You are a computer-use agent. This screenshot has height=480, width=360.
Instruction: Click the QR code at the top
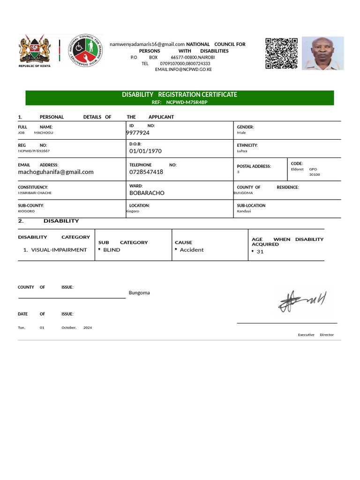[282, 53]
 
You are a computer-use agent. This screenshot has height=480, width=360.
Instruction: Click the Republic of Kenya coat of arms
[34, 49]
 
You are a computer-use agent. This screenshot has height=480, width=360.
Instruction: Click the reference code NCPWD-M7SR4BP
[187, 102]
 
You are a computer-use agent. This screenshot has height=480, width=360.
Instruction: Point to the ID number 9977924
[138, 133]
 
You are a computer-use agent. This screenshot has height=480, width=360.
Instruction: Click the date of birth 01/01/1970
[145, 151]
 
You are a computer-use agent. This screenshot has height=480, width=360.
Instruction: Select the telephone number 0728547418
[146, 172]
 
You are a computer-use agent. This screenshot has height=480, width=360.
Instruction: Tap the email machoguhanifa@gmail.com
[56, 172]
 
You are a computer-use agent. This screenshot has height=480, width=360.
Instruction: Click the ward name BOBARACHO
[147, 193]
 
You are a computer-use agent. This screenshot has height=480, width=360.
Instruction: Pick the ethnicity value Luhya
[242, 151]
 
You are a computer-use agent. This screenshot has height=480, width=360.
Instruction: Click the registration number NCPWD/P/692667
[34, 151]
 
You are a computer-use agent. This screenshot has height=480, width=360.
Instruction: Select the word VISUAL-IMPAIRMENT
[59, 250]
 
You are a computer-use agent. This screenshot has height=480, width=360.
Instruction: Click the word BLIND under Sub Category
[112, 250]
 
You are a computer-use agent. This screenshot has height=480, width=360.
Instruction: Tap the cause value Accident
[192, 250]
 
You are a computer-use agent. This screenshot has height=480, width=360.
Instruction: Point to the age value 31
[260, 252]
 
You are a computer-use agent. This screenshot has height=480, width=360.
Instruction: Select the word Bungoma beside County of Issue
[139, 293]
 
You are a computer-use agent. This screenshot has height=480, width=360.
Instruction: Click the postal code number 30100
[314, 175]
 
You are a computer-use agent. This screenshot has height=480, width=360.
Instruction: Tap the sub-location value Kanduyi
[244, 211]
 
